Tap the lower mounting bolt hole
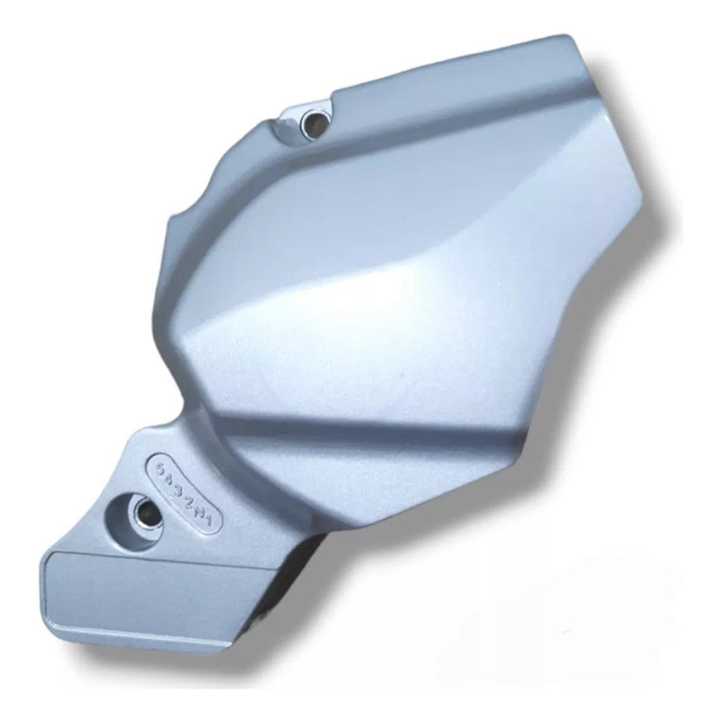coord(146,509)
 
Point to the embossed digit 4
coord(171,478)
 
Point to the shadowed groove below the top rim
coord(423,127)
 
